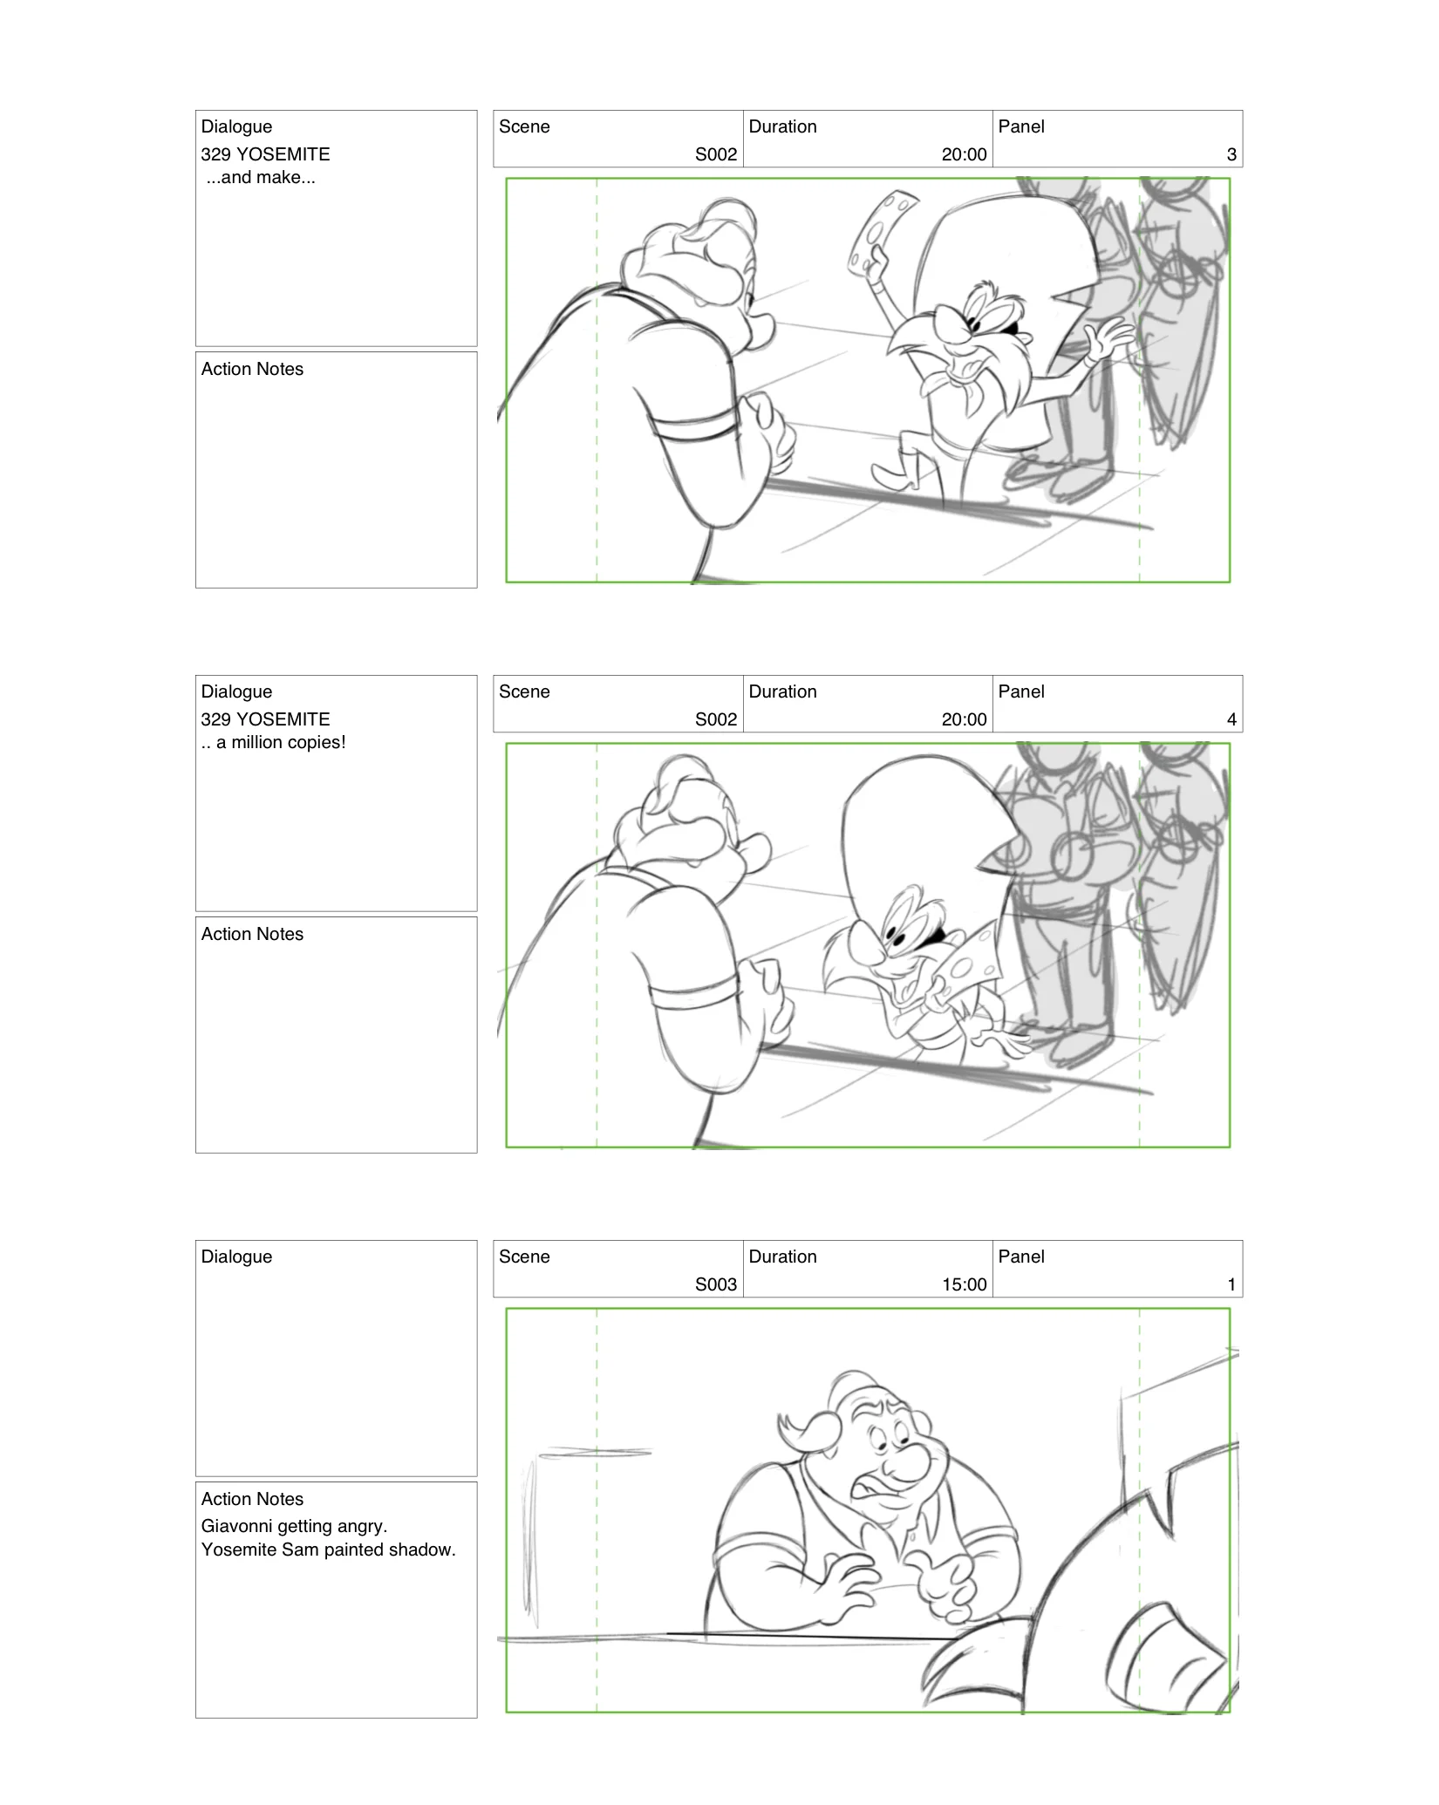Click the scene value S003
tap(715, 1284)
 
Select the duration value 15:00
tap(964, 1284)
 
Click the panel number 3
tap(1231, 154)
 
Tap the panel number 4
tap(1231, 719)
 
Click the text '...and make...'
tap(261, 178)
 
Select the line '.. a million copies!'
tap(274, 743)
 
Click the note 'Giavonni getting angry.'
tap(294, 1526)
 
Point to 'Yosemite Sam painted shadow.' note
tap(328, 1550)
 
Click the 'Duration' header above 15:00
tap(782, 1257)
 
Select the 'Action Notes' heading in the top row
tap(252, 369)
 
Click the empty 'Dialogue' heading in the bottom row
tap(236, 1257)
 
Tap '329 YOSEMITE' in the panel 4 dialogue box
tap(265, 719)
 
